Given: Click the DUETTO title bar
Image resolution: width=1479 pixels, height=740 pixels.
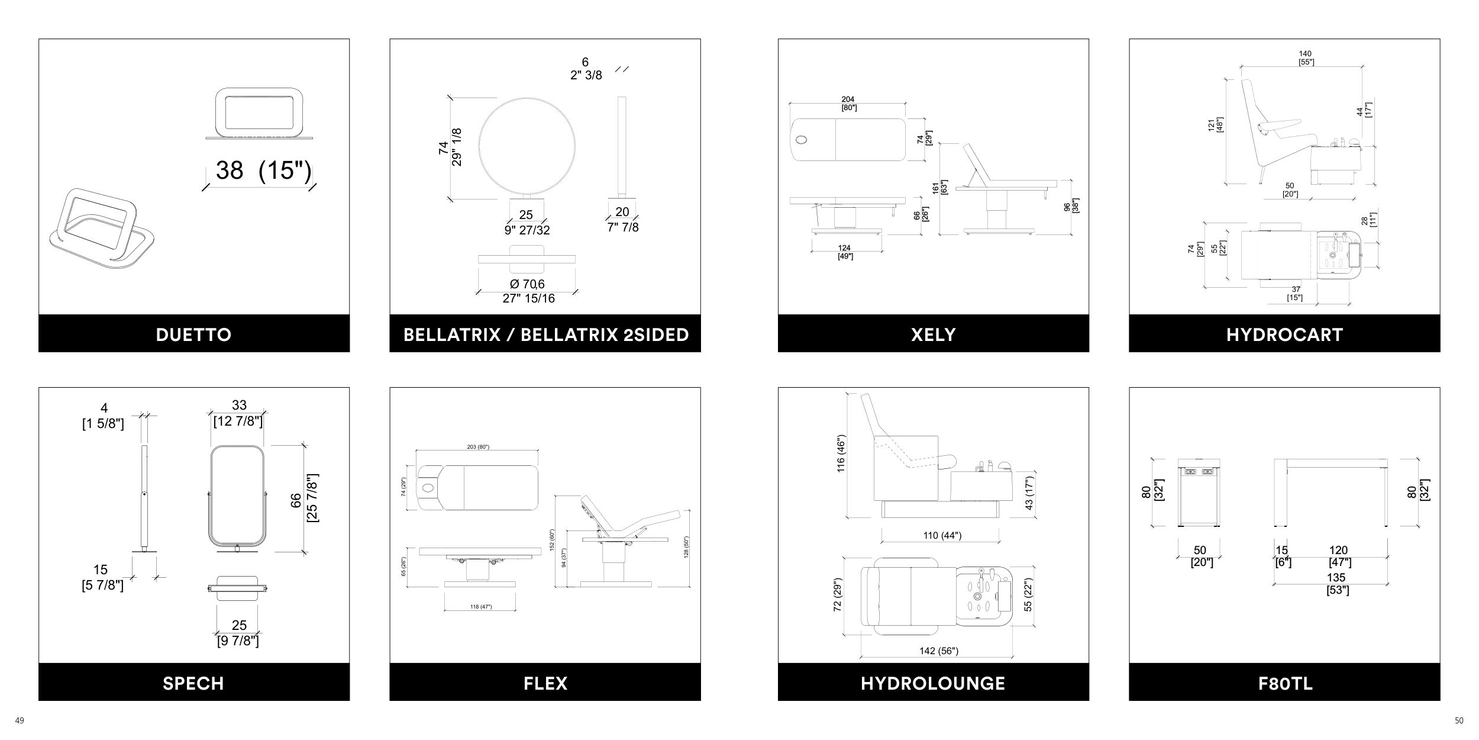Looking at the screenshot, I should [x=193, y=334].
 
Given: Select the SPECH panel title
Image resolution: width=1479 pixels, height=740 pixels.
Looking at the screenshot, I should [x=193, y=683].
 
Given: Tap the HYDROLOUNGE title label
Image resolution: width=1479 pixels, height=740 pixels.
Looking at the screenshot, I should [x=933, y=683].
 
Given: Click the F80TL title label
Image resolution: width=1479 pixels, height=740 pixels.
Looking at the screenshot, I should [x=1285, y=683].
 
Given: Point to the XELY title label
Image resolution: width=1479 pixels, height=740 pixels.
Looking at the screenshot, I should [x=933, y=334].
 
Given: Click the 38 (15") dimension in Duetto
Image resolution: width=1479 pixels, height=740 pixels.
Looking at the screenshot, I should [x=263, y=170].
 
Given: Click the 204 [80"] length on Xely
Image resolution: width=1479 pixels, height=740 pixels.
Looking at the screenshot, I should [x=848, y=104].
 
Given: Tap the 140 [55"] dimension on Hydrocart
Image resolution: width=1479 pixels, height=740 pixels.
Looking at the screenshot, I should [x=1306, y=58].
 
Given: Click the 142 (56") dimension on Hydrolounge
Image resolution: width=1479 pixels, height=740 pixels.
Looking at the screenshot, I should [x=939, y=651].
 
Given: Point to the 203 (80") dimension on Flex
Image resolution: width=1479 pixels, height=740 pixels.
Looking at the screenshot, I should [x=478, y=446].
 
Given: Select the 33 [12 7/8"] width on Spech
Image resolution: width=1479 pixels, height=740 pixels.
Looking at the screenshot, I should [x=238, y=413].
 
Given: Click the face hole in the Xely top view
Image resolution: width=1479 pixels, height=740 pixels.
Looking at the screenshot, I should [x=802, y=140].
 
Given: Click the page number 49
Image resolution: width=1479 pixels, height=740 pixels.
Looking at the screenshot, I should [x=20, y=720].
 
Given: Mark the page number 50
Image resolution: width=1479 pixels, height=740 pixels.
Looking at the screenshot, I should [x=1459, y=720].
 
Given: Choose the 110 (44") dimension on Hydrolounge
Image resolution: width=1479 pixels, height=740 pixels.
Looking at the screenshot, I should [x=942, y=536].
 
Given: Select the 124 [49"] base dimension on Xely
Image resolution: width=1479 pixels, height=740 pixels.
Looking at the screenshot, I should [x=845, y=252].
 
